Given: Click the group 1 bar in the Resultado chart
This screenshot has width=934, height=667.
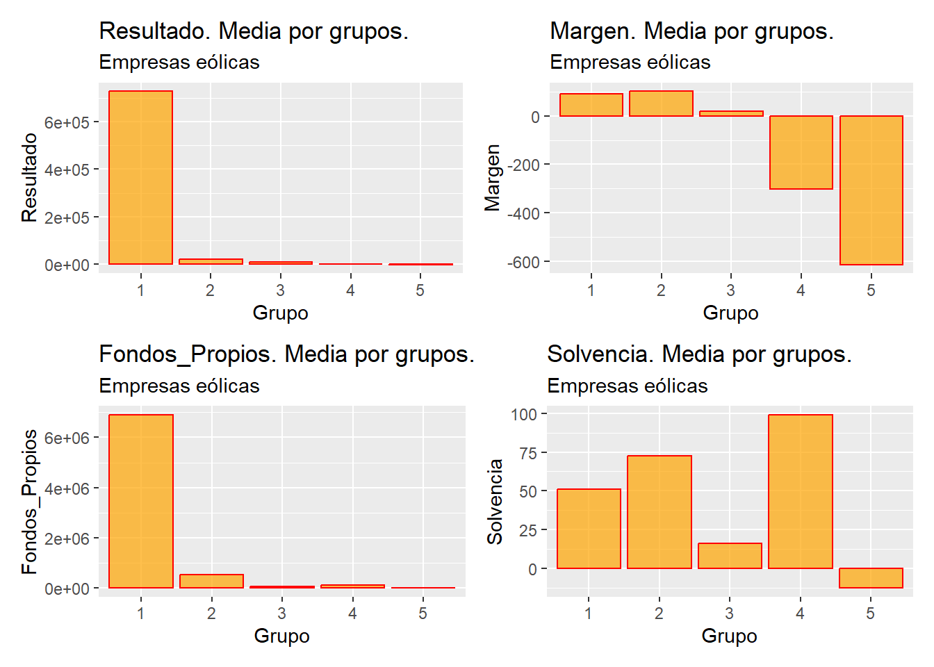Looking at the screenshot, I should click(x=140, y=177).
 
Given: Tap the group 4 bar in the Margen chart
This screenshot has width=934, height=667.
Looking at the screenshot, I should click(x=801, y=152).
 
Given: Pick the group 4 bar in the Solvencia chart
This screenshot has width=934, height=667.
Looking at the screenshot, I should click(x=800, y=491).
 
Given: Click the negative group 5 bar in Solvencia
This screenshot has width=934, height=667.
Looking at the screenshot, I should click(x=871, y=578).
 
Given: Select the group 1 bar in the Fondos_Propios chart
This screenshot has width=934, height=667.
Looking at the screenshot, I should click(x=140, y=501).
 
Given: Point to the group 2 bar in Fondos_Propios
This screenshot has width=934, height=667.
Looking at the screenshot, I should click(x=211, y=581).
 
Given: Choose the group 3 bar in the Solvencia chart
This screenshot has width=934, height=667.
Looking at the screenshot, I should click(x=730, y=556).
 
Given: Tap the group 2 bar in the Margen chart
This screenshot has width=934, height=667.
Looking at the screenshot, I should click(x=661, y=104).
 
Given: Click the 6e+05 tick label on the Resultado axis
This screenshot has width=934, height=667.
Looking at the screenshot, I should click(x=67, y=122).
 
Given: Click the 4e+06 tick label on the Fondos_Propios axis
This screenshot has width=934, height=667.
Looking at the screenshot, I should click(x=67, y=488).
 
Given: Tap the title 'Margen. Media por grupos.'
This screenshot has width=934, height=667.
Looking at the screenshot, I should click(x=691, y=31).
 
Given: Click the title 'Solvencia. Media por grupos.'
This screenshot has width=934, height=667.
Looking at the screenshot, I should click(x=699, y=354).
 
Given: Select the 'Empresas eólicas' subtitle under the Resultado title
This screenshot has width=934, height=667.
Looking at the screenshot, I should click(x=179, y=63).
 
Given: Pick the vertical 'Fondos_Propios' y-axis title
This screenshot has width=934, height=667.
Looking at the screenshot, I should click(x=29, y=502).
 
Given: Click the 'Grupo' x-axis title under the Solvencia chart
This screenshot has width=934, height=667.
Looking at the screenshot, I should click(x=729, y=636).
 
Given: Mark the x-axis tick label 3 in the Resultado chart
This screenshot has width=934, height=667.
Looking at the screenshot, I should click(x=280, y=290).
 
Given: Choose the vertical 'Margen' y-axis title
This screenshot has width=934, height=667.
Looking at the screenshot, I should click(x=493, y=177).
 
